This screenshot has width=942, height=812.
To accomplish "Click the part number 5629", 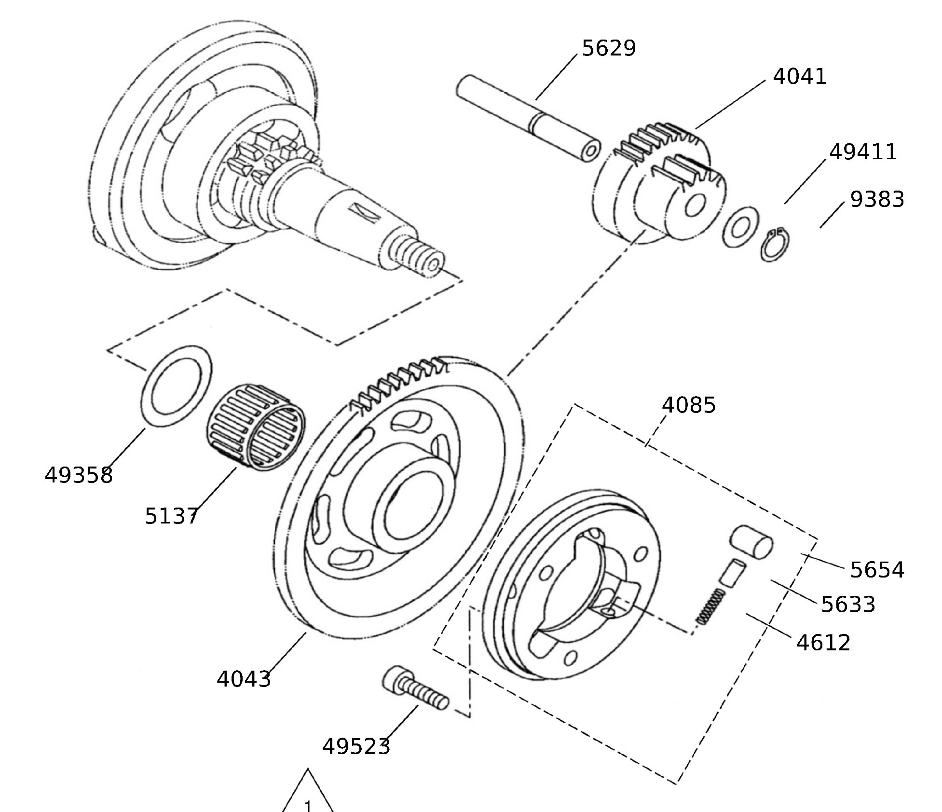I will pos(609,48).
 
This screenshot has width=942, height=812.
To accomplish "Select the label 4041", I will pos(800,77).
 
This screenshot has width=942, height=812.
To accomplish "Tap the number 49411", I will pos(863,152).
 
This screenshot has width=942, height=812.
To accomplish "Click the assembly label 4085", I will pos(688,405).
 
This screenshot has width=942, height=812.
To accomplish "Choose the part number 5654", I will pos(877,570).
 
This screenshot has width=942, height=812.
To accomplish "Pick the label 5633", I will pos(848,605).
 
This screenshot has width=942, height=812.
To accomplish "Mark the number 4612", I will pos(823,643).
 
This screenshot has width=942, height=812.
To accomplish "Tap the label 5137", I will pos(171,516).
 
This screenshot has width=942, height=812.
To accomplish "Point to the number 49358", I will pos(79,475).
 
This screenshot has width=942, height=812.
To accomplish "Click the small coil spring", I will pos(710,606).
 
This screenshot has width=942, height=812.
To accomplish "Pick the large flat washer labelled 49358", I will pos(177,385).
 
